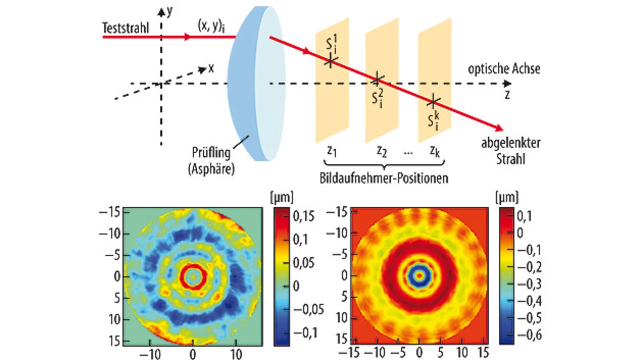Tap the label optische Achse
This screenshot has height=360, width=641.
click(x=504, y=69)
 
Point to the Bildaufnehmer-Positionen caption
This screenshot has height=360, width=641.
click(x=384, y=178)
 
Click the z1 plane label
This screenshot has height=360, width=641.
click(x=331, y=151)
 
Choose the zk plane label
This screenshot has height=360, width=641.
click(x=435, y=151)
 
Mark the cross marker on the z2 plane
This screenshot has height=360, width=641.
click(x=378, y=79)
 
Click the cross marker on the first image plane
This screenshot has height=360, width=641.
click(x=331, y=61)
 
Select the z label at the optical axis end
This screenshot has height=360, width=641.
click(x=507, y=94)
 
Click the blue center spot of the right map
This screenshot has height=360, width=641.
click(x=420, y=275)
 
